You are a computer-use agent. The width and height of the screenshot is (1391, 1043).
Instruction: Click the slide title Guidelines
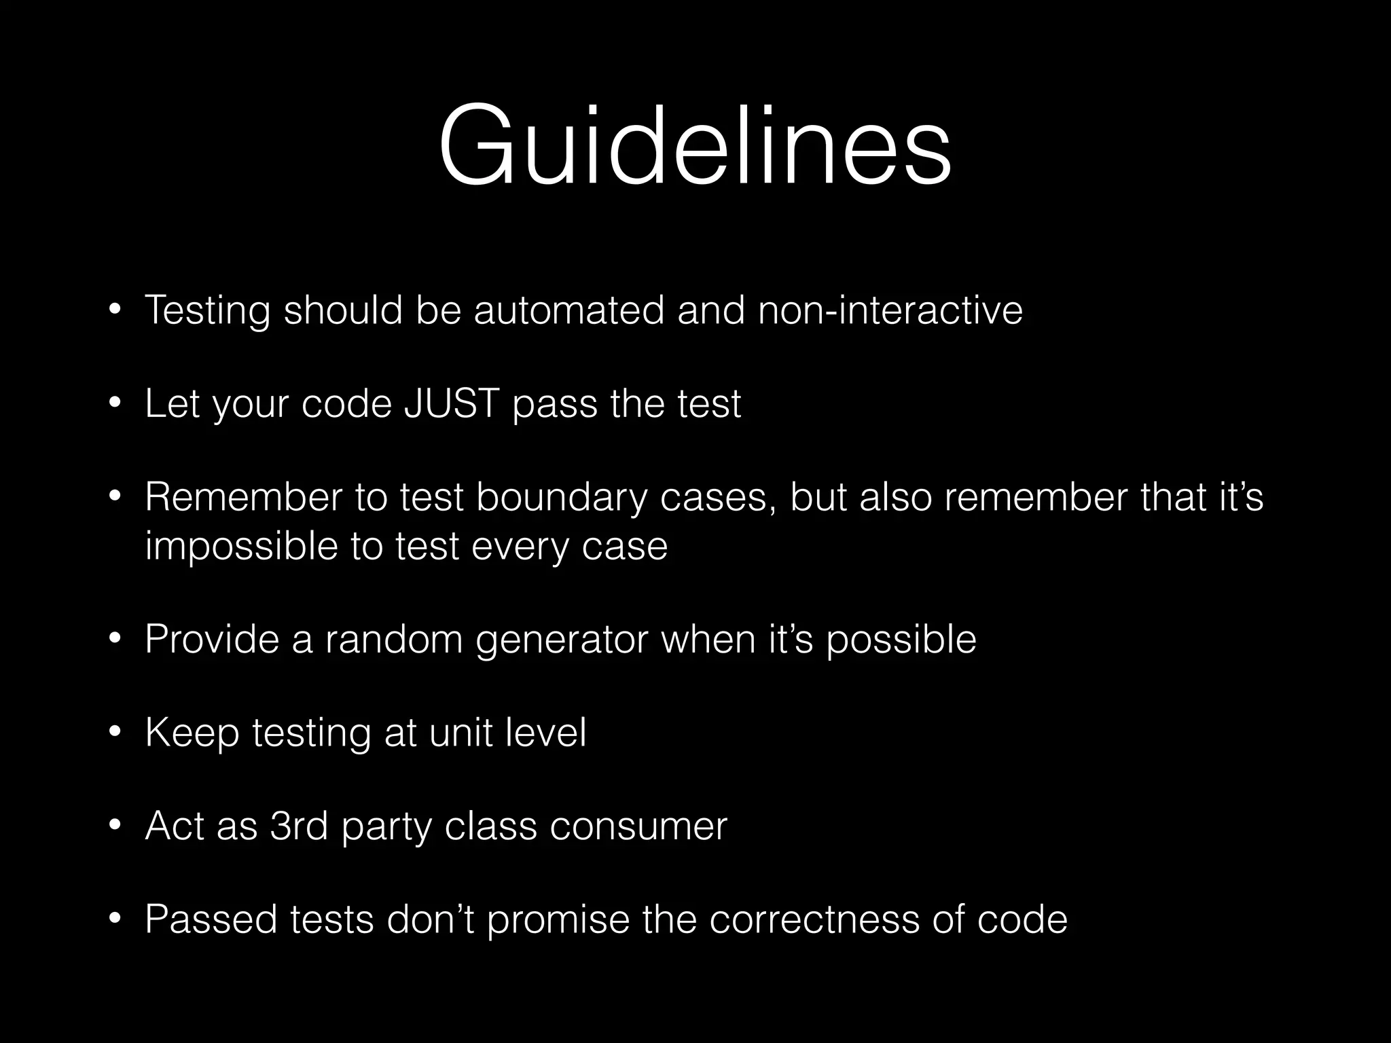click(x=695, y=146)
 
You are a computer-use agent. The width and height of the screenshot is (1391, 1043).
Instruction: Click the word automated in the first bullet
click(x=568, y=310)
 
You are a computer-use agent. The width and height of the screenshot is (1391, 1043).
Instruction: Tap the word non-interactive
click(x=890, y=310)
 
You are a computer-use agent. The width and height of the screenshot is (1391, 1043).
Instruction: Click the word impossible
click(x=242, y=547)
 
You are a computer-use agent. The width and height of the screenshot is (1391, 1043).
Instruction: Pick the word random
click(x=394, y=640)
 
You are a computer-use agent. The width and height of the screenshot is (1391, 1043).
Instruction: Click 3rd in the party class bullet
click(x=299, y=826)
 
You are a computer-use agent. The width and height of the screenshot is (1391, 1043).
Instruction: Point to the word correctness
click(x=814, y=920)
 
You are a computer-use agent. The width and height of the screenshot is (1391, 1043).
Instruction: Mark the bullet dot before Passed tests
click(x=115, y=921)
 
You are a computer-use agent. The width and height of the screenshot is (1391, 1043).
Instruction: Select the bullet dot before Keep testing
click(x=115, y=733)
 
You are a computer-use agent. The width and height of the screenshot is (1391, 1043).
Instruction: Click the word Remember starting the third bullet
click(x=243, y=497)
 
